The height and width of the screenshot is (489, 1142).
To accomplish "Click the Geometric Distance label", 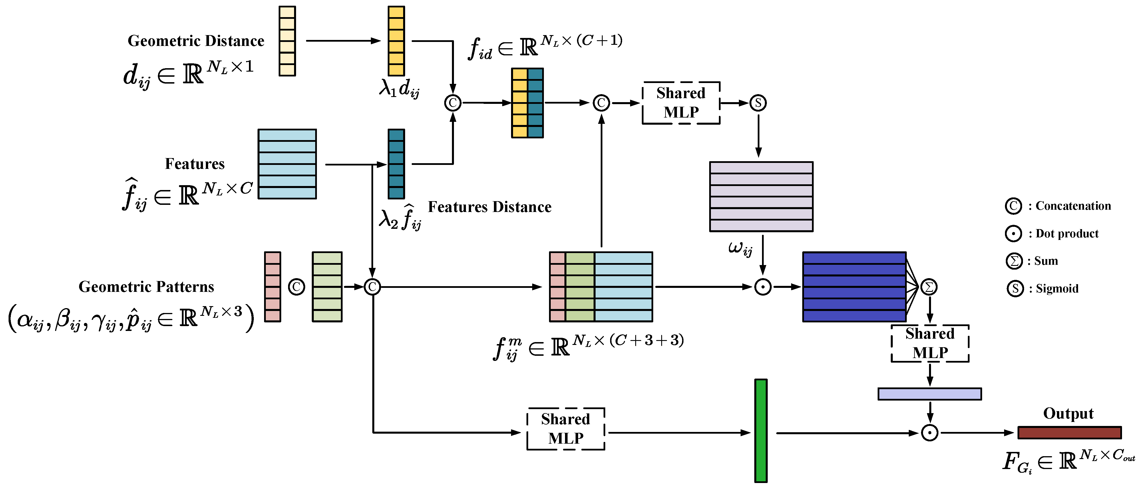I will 196,41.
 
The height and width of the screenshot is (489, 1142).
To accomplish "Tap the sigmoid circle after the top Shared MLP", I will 758,103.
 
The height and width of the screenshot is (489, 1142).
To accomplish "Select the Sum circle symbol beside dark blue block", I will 929,287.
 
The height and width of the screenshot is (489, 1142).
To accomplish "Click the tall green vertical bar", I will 761,431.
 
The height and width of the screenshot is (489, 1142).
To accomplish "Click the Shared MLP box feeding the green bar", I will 566,429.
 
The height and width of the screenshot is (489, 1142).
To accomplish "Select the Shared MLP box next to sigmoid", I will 681,103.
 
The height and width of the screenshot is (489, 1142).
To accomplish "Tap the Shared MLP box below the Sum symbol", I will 930,343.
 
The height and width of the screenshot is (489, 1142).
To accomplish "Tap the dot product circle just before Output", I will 930,433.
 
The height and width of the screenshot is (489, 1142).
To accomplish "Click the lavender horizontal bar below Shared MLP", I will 930,394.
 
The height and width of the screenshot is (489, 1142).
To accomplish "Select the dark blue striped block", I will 854,287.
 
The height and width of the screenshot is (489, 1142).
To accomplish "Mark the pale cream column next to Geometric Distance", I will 287,41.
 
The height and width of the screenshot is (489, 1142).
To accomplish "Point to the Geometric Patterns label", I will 146,286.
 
